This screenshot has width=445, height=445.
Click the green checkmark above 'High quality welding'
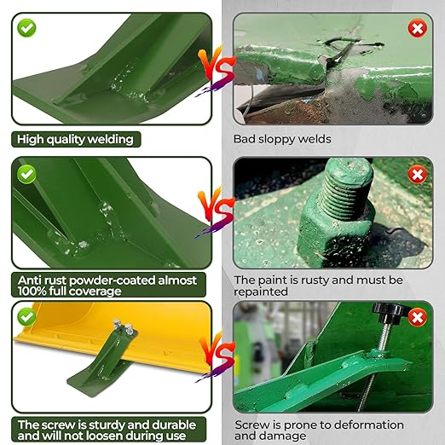(x=26, y=28)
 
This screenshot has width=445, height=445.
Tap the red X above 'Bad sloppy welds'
(x=417, y=28)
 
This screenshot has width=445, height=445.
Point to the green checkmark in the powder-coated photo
(x=26, y=174)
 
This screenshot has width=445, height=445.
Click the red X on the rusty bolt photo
(x=417, y=175)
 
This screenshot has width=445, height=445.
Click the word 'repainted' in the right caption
(x=261, y=292)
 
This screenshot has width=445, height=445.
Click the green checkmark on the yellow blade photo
(x=26, y=317)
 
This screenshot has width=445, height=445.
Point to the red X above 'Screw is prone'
(x=417, y=317)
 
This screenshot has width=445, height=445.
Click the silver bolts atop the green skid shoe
(x=123, y=326)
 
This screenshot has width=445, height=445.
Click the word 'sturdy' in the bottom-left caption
(x=107, y=425)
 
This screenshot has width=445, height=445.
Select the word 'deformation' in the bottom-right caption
(x=369, y=425)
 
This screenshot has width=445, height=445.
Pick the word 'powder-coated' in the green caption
(x=113, y=280)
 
